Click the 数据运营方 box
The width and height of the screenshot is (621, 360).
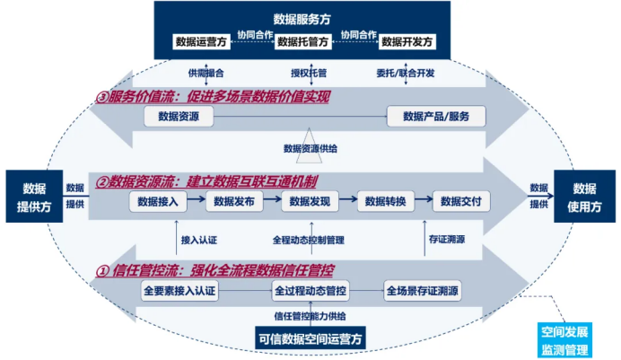(201, 42)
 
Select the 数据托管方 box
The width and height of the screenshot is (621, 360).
(303, 42)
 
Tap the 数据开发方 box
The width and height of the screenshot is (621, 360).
(407, 42)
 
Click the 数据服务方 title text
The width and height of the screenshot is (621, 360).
(302, 19)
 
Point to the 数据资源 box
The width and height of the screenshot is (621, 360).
(179, 117)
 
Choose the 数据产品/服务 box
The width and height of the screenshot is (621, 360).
(436, 117)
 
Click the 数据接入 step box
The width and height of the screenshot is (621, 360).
(158, 202)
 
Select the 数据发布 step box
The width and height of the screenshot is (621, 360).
(234, 202)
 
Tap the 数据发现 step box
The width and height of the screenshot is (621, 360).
(310, 202)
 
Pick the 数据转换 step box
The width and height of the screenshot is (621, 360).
(385, 202)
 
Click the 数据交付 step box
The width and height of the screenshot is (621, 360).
(461, 202)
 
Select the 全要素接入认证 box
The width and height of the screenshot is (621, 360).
(179, 291)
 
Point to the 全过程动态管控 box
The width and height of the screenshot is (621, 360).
(310, 291)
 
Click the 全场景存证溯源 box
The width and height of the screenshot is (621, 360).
(423, 291)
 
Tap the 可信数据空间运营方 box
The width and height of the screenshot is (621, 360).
(310, 338)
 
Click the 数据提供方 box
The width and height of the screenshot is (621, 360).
(34, 197)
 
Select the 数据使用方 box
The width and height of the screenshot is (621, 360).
(584, 197)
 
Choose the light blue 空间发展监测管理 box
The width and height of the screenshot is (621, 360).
(564, 340)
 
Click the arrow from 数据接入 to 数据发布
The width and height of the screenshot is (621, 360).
(196, 198)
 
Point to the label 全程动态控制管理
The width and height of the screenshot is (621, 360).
(308, 240)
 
